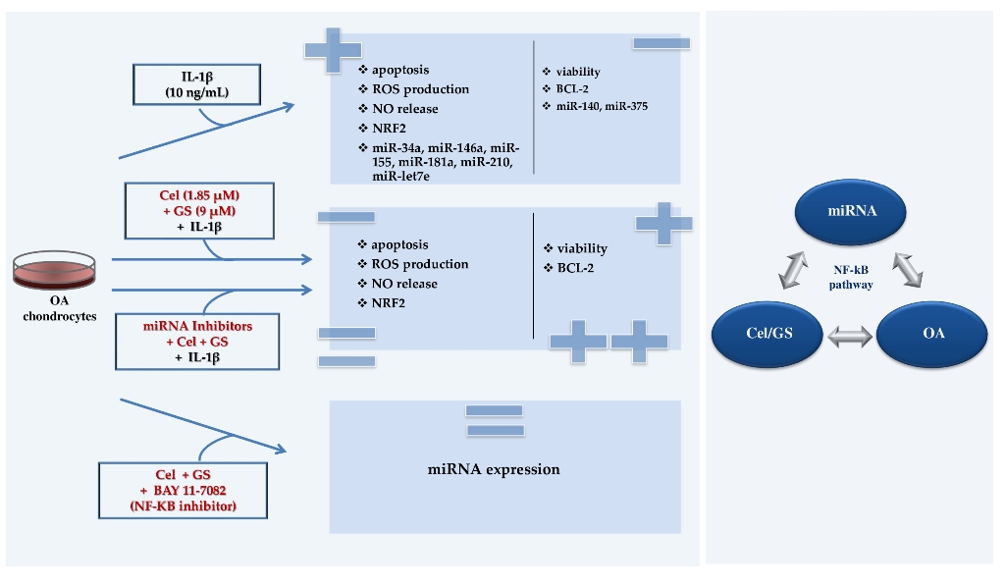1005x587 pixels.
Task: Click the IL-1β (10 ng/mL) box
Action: tap(197, 85)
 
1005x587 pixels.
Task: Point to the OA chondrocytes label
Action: tap(55, 308)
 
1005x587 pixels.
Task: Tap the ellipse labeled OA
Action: tap(933, 334)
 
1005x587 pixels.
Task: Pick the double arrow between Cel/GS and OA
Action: tap(850, 337)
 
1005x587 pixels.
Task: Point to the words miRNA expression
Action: tap(494, 469)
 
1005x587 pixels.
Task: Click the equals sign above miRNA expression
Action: tap(494, 419)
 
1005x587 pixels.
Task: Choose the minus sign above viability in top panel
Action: tap(661, 43)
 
